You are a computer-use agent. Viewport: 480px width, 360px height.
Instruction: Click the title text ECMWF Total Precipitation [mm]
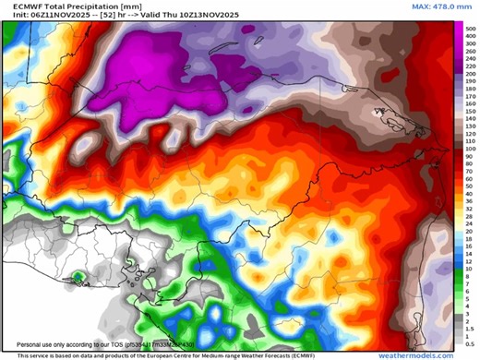point(61,6)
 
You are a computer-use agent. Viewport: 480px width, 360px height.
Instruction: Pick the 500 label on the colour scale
point(471,30)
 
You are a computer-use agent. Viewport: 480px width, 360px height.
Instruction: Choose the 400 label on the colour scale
point(471,38)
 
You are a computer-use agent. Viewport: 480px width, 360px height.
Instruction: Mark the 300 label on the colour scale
point(471,46)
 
